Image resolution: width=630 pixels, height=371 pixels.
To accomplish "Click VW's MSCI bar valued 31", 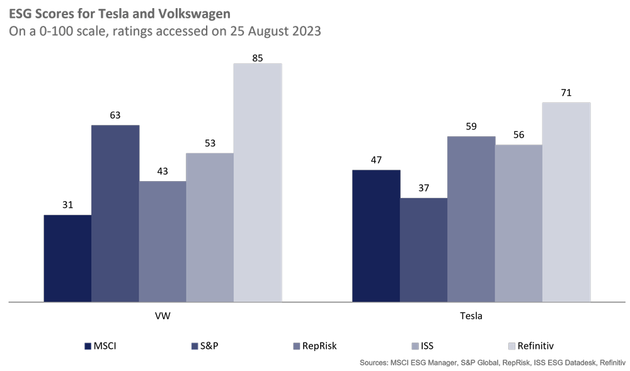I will [x=67, y=259].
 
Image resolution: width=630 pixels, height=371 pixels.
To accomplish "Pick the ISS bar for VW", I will [x=210, y=228].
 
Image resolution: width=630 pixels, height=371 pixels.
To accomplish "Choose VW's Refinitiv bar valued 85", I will [x=257, y=182].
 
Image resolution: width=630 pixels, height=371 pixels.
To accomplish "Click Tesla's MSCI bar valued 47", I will [x=376, y=236].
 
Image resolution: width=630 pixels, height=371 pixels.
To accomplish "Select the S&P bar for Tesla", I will [x=423, y=250].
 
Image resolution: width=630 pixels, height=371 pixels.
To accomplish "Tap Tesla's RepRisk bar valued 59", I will [x=471, y=219].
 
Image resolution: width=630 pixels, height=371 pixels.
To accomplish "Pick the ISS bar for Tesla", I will [x=518, y=223].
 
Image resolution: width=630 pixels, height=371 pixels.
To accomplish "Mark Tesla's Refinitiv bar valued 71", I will [x=566, y=202].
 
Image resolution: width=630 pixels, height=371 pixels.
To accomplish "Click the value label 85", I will [x=257, y=57].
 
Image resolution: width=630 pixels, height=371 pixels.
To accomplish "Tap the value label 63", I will [x=115, y=115].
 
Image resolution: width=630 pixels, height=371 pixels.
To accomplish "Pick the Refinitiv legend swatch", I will [x=511, y=346].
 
